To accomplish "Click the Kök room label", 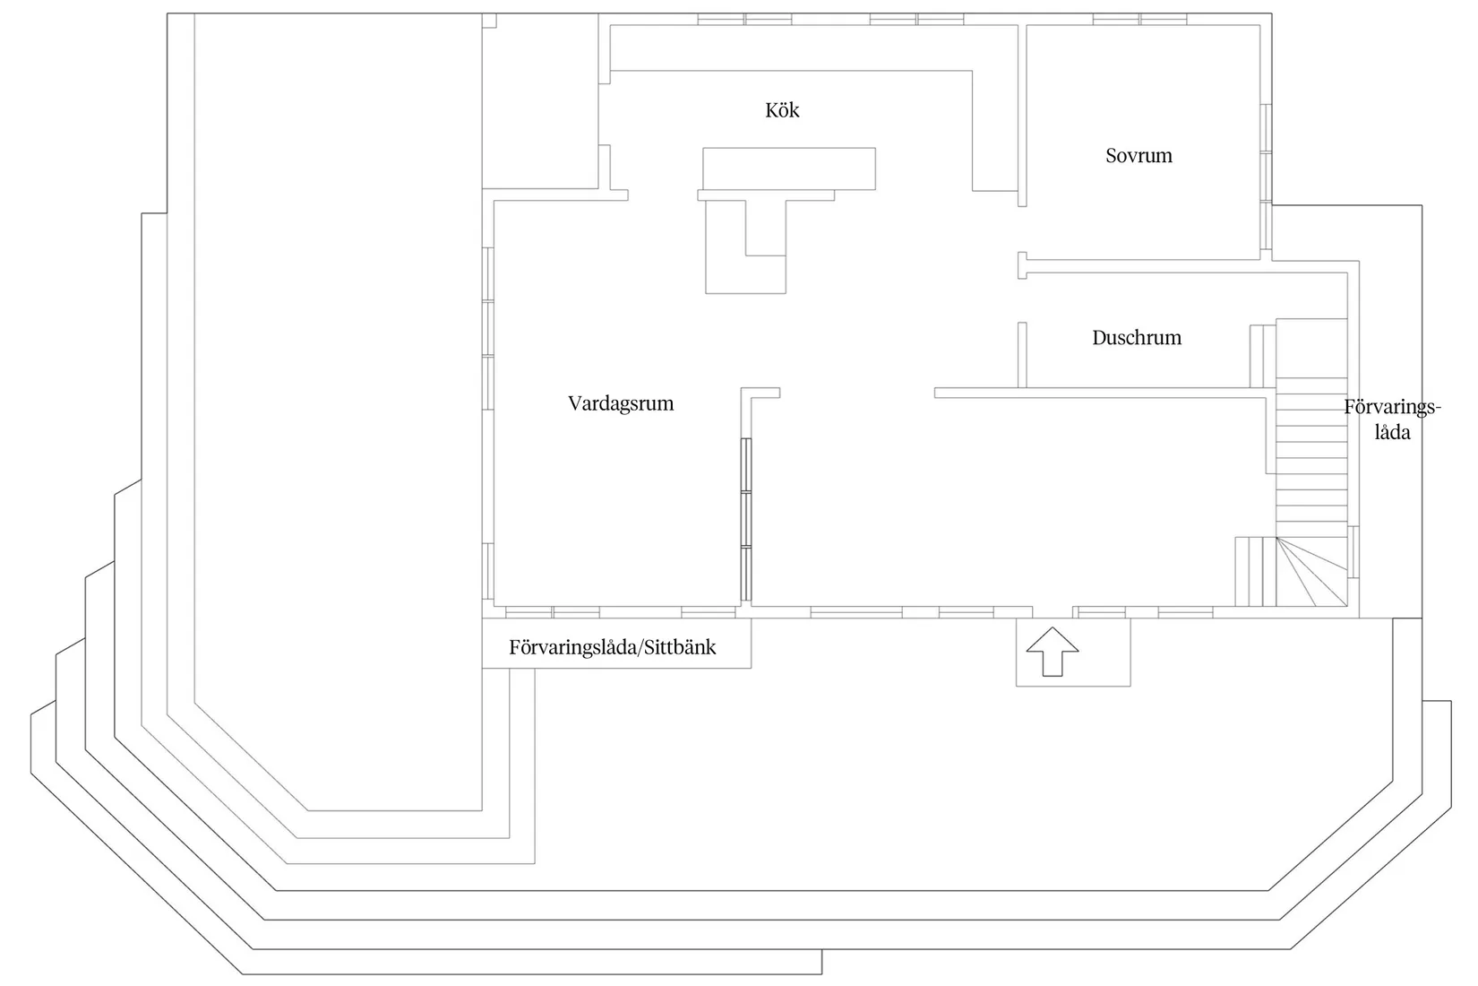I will [x=782, y=110].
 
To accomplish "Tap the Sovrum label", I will [x=1138, y=156].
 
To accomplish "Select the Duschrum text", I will [x=1136, y=338].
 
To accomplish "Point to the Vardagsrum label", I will [x=620, y=403].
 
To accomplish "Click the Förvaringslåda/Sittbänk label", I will [x=612, y=647].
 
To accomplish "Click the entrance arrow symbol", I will [x=1052, y=652].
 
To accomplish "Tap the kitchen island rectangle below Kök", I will [x=788, y=169].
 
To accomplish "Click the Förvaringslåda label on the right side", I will [x=1391, y=419].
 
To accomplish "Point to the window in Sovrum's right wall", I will [x=1265, y=177].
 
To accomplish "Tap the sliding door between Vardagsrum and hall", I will [x=745, y=520].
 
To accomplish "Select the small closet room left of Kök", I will [x=540, y=103].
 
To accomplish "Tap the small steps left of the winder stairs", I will [x=1255, y=571].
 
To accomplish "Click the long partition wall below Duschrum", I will [x=1093, y=393].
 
